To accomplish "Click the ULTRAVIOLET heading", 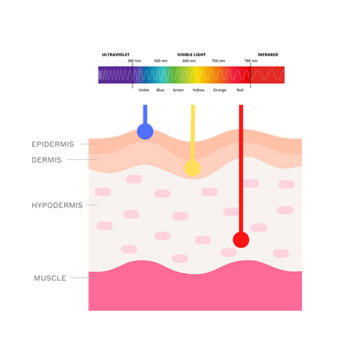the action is coord(116,55).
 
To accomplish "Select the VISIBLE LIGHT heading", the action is coord(191,55).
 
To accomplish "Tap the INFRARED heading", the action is coord(267,55).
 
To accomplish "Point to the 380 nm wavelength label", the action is coord(134,61).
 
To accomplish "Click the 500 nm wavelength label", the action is coord(161,61).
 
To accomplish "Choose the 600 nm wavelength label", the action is coord(189,61).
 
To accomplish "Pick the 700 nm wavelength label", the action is coord(218,61).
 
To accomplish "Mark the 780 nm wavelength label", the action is coord(251,61).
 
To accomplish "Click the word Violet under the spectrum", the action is coord(144,90).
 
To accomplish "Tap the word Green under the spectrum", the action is coord(178,90).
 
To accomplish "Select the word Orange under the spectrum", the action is coord(220,90).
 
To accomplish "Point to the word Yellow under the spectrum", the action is coord(198,90).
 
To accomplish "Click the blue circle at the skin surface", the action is coord(145,132).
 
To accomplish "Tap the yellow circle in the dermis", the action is coord(192,168).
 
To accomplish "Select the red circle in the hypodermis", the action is coord(241,240).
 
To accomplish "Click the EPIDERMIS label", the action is coord(53,145).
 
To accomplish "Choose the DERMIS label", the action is coord(47,160).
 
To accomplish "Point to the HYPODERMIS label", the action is coord(57,205).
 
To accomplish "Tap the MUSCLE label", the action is coord(50,278).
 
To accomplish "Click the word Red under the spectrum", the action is coord(240,90).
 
